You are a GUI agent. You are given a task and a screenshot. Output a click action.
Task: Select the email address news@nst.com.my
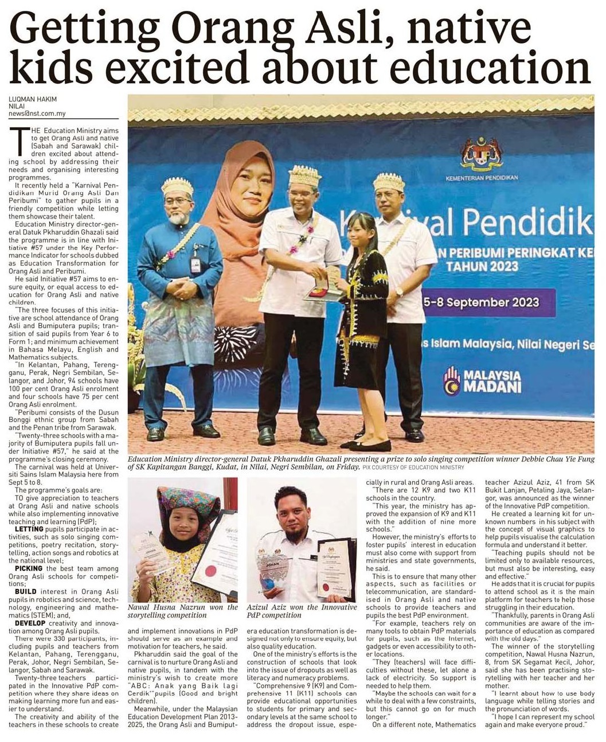coord(37,114)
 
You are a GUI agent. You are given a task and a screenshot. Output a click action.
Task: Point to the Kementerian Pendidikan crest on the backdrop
coord(482,153)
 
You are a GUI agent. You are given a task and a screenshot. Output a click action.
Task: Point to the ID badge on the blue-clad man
coord(196,264)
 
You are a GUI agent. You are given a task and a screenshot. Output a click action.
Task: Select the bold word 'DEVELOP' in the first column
coord(30,623)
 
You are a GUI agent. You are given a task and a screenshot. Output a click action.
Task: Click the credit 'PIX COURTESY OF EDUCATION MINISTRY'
coord(413,468)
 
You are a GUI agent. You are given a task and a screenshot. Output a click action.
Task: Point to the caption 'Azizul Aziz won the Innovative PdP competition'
coord(302,611)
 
